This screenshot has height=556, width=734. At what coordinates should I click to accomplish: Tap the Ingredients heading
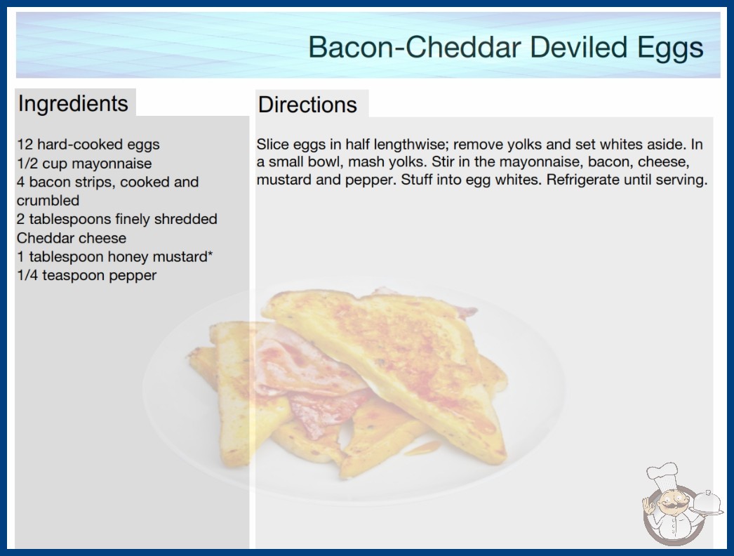[x=73, y=103]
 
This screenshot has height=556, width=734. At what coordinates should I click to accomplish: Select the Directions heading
[x=307, y=105]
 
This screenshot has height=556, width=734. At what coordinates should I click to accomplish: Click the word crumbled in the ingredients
[x=48, y=201]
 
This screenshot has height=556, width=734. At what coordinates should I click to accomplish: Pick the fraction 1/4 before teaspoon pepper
[x=27, y=275]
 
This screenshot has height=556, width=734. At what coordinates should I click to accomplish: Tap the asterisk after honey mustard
[x=211, y=253]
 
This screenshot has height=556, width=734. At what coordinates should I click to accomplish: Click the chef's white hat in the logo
[x=663, y=475]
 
